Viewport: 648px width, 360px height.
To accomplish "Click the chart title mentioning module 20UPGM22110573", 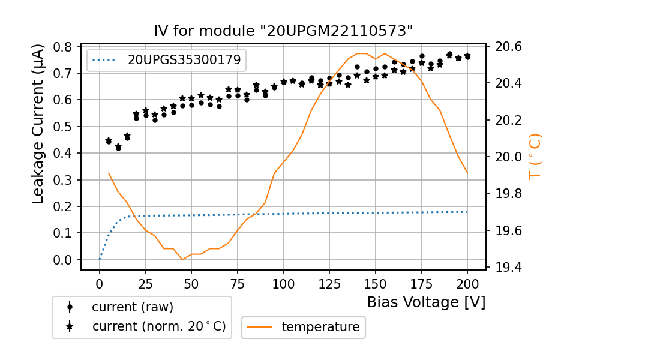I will click(x=284, y=31).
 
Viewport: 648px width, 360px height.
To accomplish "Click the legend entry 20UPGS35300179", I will click(x=184, y=59).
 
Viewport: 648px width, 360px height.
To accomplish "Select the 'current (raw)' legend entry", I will click(x=132, y=307).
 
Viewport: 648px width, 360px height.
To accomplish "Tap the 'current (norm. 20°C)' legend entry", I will click(x=158, y=326).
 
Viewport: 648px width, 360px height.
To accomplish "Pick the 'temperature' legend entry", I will click(x=320, y=327).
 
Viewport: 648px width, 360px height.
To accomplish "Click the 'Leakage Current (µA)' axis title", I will click(x=38, y=123).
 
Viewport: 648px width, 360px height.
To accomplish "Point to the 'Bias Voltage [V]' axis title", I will click(x=426, y=302).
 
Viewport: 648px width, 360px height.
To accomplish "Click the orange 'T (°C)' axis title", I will click(x=535, y=157).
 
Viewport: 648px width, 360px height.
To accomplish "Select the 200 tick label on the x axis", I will click(x=467, y=283).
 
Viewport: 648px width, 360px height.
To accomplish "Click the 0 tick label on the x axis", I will click(x=100, y=283).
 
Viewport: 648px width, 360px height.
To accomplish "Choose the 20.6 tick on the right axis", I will click(x=508, y=47).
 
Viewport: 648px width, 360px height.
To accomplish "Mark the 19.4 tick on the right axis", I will click(x=508, y=267).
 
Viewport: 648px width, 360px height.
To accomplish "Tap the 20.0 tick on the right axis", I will click(x=508, y=157).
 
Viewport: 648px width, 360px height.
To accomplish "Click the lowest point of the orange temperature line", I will click(x=182, y=259).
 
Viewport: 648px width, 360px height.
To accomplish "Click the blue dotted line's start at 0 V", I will click(x=100, y=259).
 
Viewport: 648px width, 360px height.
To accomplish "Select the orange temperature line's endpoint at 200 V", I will click(x=467, y=173).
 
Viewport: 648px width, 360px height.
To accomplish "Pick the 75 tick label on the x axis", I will click(x=238, y=283).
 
